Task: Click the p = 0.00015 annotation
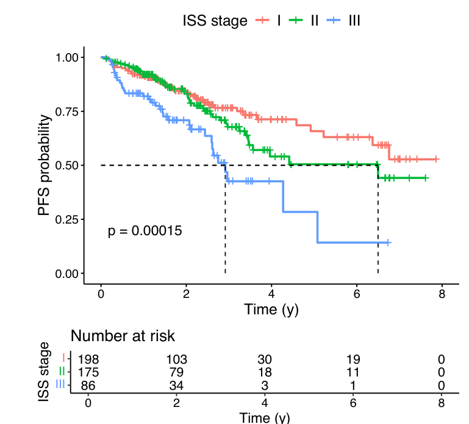point(145,231)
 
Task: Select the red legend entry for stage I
point(268,21)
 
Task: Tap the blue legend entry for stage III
point(343,21)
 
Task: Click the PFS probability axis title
point(45,165)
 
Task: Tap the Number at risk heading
point(123,336)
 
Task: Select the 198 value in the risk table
point(88,359)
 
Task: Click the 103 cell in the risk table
point(176,359)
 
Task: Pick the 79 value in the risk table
point(176,372)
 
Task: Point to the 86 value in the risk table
point(88,385)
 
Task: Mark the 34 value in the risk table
point(176,385)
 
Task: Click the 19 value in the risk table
point(353,359)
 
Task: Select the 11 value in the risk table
point(353,372)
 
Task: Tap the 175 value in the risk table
point(88,372)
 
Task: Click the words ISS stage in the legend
point(215,21)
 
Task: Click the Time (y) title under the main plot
point(271,309)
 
